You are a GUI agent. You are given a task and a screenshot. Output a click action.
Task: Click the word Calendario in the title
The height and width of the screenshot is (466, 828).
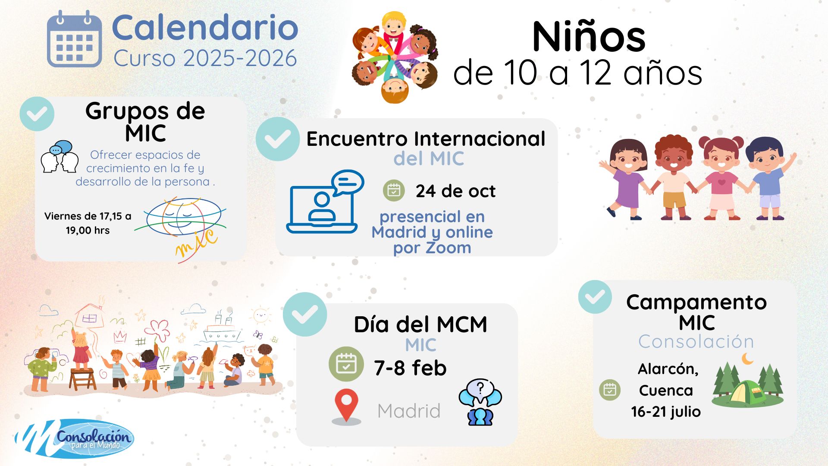(205, 28)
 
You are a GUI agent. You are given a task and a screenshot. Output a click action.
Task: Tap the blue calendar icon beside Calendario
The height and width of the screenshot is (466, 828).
(74, 39)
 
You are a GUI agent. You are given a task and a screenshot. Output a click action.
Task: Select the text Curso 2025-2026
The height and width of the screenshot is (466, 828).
(205, 58)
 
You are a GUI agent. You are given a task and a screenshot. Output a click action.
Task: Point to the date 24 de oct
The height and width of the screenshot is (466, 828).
(455, 191)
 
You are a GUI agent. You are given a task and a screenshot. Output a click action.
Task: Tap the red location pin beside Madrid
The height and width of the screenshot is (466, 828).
(346, 407)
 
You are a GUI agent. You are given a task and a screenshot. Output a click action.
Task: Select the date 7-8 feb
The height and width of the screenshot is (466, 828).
(410, 368)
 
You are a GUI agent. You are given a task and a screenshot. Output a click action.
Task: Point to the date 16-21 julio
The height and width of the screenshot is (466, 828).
(666, 412)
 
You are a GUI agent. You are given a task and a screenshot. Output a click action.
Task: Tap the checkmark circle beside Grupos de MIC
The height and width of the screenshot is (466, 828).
(37, 114)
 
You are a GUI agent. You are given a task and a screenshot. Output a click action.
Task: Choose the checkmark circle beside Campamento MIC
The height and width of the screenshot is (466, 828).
(595, 297)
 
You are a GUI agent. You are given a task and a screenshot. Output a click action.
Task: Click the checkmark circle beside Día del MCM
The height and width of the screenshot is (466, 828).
(305, 314)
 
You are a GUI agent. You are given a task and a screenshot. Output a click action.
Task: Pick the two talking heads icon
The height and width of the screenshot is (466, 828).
(60, 157)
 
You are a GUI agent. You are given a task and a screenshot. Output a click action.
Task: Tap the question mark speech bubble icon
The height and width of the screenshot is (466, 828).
(480, 402)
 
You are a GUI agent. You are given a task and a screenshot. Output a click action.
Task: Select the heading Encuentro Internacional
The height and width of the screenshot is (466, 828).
(426, 139)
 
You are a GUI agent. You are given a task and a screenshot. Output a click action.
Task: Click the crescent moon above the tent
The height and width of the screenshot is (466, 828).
(747, 359)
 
